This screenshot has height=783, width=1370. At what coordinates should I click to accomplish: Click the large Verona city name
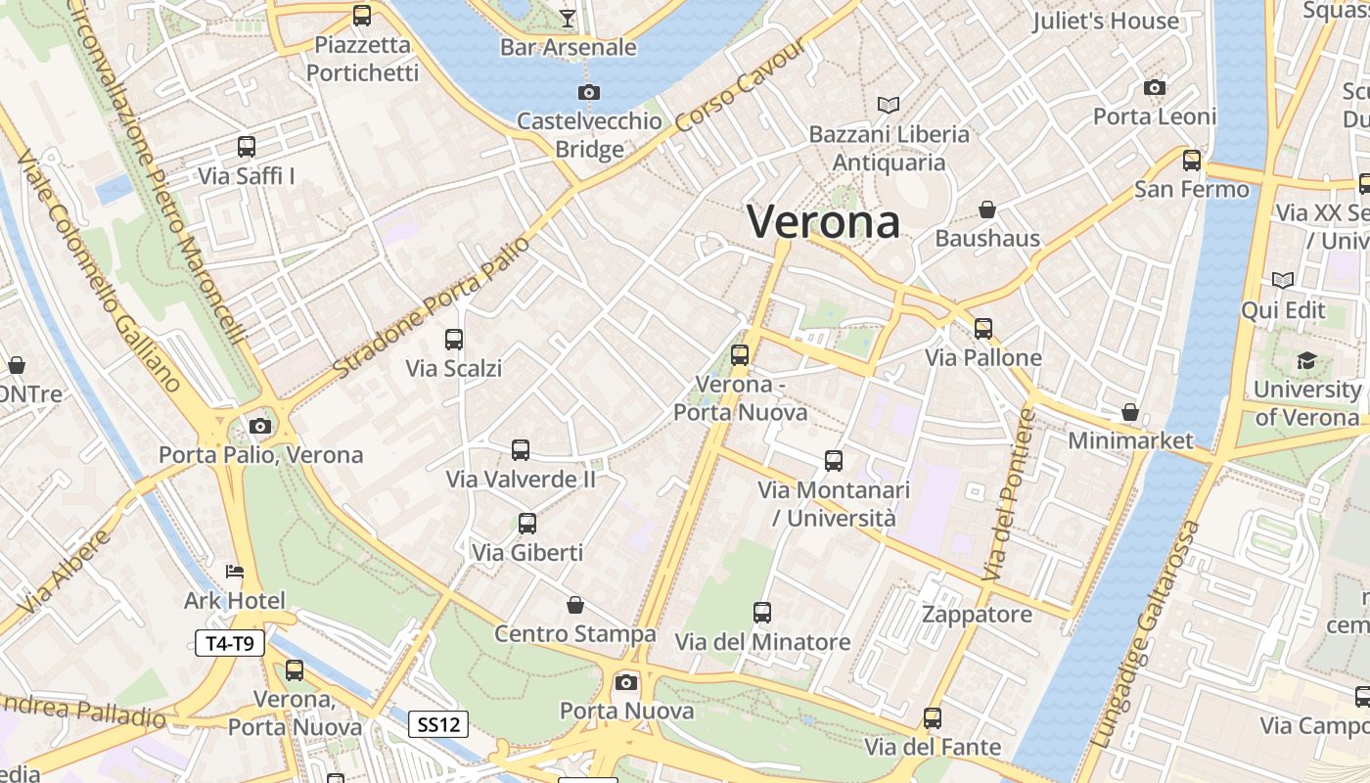(x=823, y=221)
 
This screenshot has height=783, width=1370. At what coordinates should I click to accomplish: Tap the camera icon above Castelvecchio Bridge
(x=588, y=92)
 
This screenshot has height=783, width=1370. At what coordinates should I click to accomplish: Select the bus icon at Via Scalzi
(x=454, y=340)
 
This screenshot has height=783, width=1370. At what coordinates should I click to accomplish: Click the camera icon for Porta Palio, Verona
(x=260, y=426)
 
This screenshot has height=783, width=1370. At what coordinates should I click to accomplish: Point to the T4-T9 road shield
(x=230, y=643)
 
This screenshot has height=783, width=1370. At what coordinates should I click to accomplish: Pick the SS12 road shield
(x=437, y=724)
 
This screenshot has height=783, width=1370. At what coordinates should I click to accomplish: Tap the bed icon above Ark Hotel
(x=234, y=571)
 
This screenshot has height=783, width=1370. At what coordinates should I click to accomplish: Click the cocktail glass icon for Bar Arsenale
(x=568, y=17)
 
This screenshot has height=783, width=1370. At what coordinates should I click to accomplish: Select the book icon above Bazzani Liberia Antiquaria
(x=889, y=105)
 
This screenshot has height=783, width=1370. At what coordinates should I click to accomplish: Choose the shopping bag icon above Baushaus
(x=987, y=209)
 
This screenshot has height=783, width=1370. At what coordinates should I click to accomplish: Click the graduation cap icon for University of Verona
(x=1306, y=361)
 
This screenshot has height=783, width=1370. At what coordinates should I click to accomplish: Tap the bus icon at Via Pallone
(x=983, y=328)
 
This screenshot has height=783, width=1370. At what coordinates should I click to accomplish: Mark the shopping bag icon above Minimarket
(x=1130, y=412)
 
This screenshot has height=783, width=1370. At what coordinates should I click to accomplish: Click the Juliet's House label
(x=1105, y=21)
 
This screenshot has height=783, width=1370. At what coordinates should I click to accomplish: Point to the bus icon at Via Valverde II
(x=521, y=450)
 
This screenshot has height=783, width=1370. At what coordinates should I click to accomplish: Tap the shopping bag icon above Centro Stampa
(x=575, y=605)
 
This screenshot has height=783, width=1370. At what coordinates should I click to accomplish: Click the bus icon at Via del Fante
(x=933, y=718)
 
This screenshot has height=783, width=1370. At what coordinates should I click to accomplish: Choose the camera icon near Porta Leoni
(x=1155, y=87)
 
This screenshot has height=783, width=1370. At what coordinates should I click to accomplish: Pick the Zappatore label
(x=977, y=615)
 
